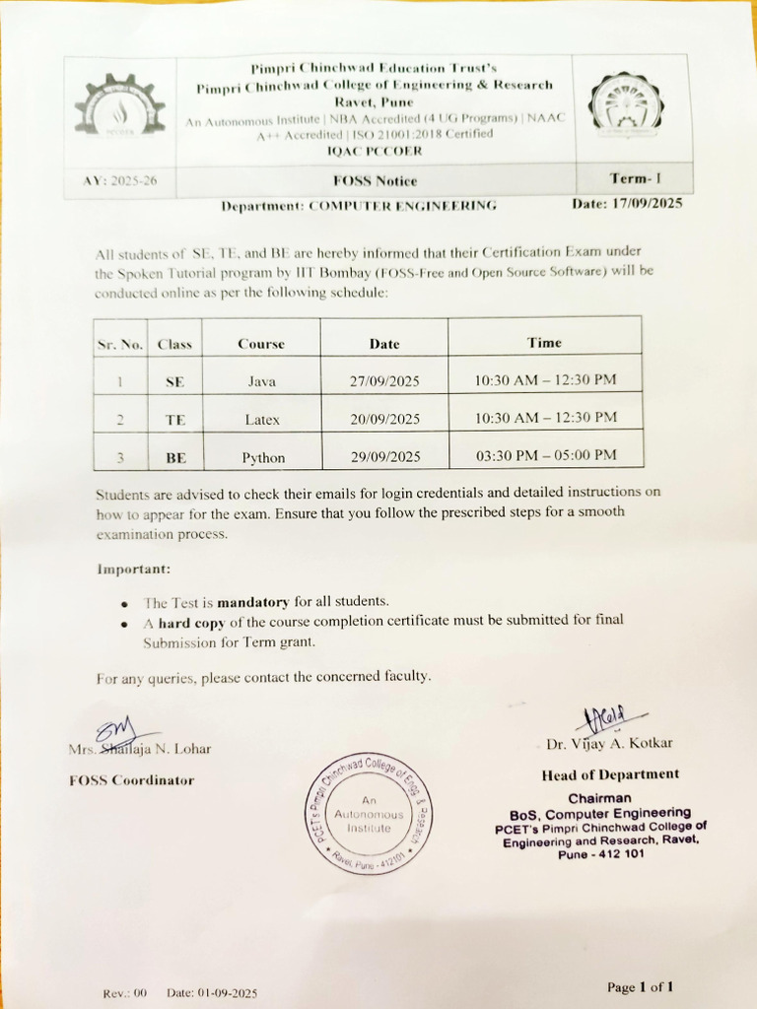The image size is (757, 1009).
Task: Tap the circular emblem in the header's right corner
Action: tap(626, 105)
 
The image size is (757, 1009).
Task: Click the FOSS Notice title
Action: tap(375, 180)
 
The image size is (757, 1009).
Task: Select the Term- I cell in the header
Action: tap(636, 178)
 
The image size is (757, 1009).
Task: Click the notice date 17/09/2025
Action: tap(627, 204)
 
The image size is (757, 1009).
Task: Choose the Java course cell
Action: tap(261, 381)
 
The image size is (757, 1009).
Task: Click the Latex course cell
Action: tap(262, 420)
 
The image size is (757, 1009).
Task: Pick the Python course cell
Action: tap(263, 457)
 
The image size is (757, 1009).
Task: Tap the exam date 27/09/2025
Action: tap(384, 381)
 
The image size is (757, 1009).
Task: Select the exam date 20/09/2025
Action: tap(385, 420)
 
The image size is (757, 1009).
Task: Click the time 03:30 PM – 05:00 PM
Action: tap(546, 455)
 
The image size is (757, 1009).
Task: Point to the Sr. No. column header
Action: tap(120, 345)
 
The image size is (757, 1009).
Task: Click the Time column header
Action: tap(544, 343)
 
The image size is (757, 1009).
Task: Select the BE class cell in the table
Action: tap(174, 457)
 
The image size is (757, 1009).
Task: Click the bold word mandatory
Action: tap(253, 601)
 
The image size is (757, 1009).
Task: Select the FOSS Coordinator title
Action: tap(132, 780)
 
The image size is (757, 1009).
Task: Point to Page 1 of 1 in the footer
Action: tap(641, 986)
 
